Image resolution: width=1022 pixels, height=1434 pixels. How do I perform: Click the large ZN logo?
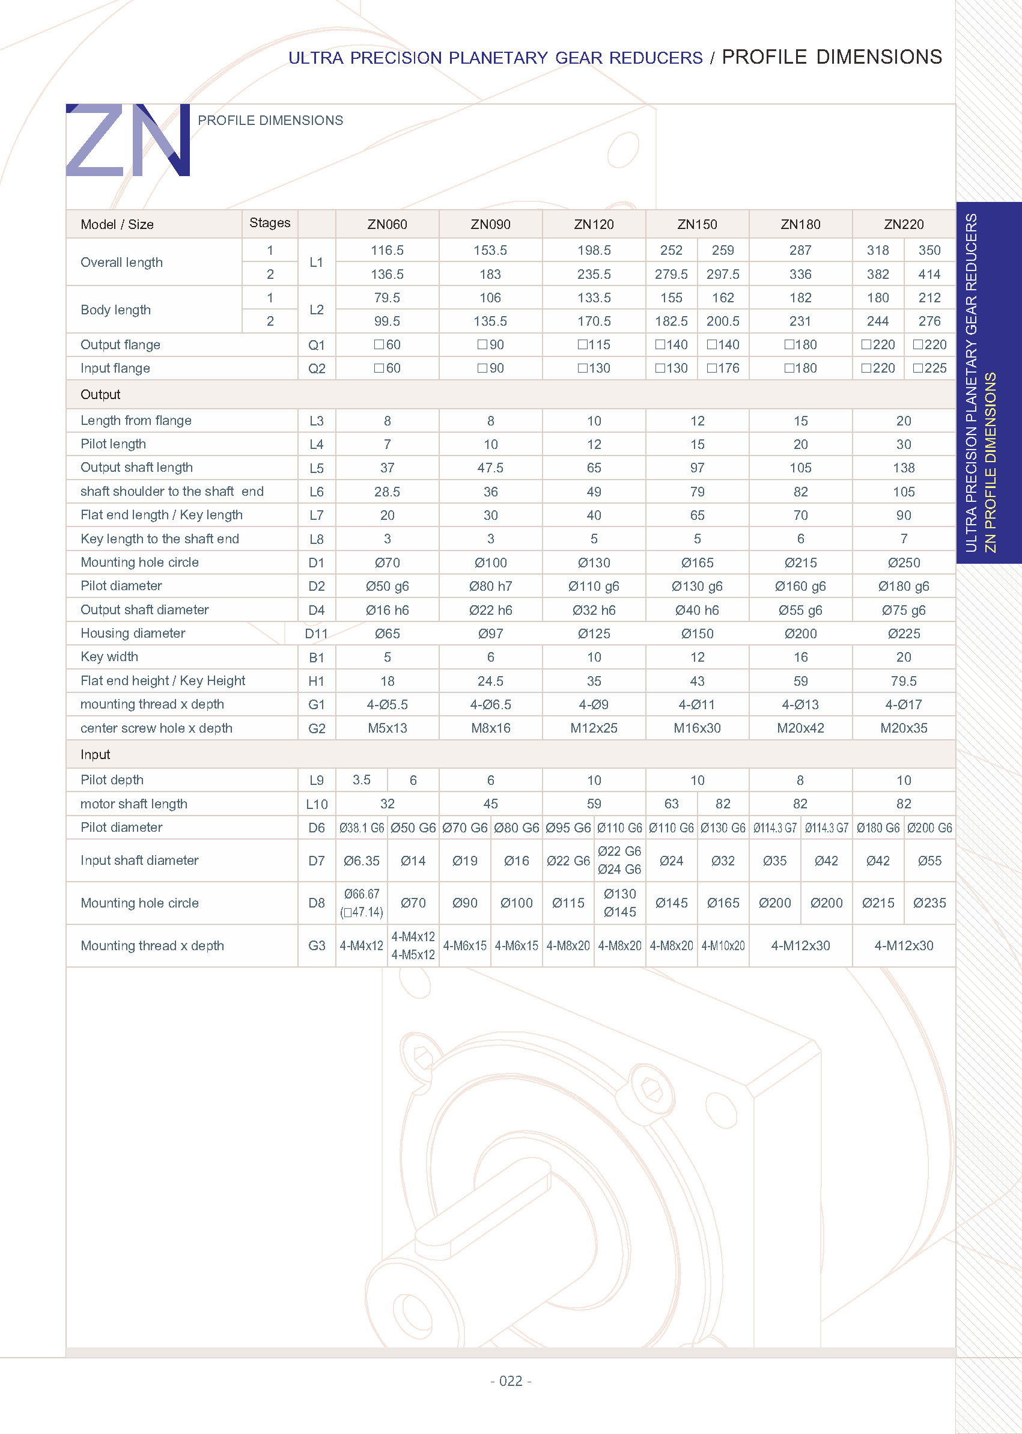(x=128, y=140)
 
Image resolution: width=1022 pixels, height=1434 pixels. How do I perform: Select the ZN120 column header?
(x=594, y=225)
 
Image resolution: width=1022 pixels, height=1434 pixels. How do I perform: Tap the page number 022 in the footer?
(x=510, y=1381)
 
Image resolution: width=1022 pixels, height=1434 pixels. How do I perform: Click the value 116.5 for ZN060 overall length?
(x=387, y=251)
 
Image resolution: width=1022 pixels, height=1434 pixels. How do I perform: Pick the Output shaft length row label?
(x=136, y=468)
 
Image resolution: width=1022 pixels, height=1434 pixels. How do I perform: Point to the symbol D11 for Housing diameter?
(x=316, y=634)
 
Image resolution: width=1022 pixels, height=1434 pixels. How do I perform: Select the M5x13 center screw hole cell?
(x=387, y=728)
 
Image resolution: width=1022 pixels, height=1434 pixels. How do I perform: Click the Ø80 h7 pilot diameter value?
(x=490, y=587)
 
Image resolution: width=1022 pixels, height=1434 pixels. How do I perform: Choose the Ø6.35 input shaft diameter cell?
(x=361, y=861)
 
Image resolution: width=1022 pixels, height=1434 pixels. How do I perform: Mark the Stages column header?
(x=269, y=223)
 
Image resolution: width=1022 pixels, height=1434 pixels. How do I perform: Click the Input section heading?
(x=95, y=755)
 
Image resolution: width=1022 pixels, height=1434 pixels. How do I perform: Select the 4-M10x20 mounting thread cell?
(x=722, y=946)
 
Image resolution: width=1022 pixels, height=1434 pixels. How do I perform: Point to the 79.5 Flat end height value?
(x=903, y=681)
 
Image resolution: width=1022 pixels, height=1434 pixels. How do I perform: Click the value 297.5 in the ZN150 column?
(x=722, y=275)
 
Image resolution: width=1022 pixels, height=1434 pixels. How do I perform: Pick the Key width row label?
(x=109, y=657)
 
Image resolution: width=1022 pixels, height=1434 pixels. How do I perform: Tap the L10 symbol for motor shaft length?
(x=317, y=805)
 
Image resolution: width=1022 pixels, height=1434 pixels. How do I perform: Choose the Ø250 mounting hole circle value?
(x=903, y=563)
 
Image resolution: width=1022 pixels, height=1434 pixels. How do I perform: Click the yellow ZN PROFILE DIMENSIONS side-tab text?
(x=991, y=463)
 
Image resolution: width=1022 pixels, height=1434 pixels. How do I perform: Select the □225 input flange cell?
(x=929, y=368)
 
